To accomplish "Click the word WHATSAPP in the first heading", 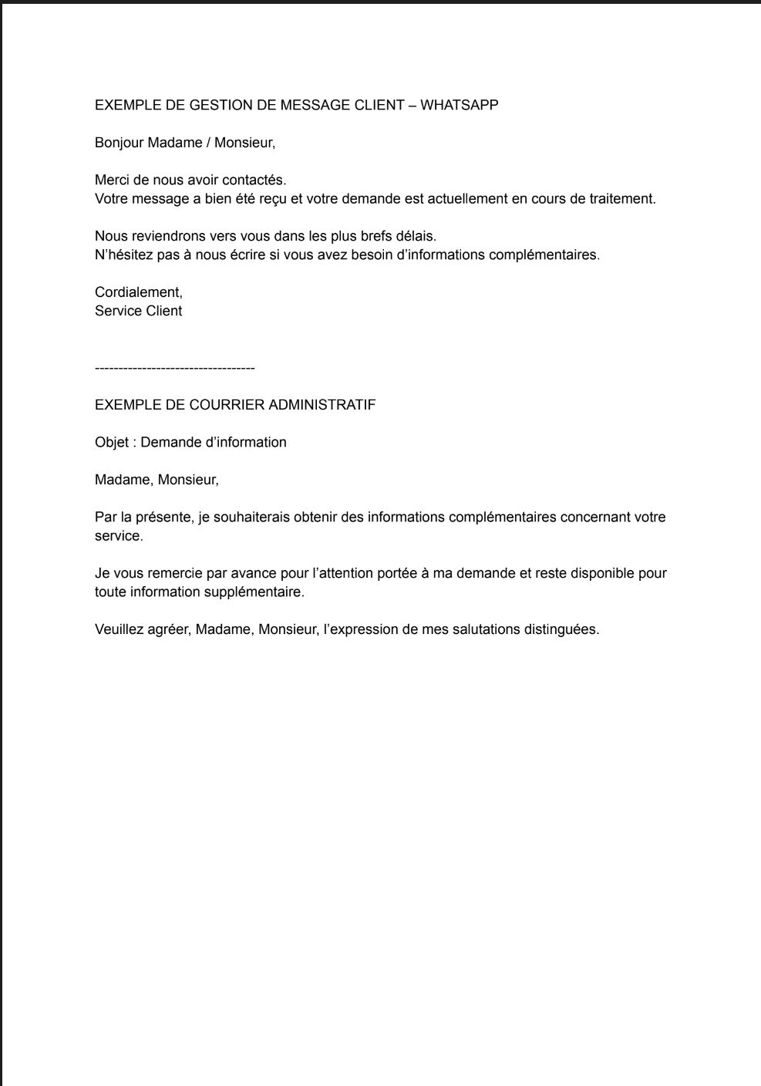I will (460, 105).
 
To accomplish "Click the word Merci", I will (111, 180).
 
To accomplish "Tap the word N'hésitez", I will (122, 255).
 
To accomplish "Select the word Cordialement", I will (138, 292).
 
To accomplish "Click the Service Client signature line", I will (138, 311).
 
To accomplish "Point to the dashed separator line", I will (175, 369).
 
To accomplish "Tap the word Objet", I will (109, 443).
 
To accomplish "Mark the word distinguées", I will (561, 629).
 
